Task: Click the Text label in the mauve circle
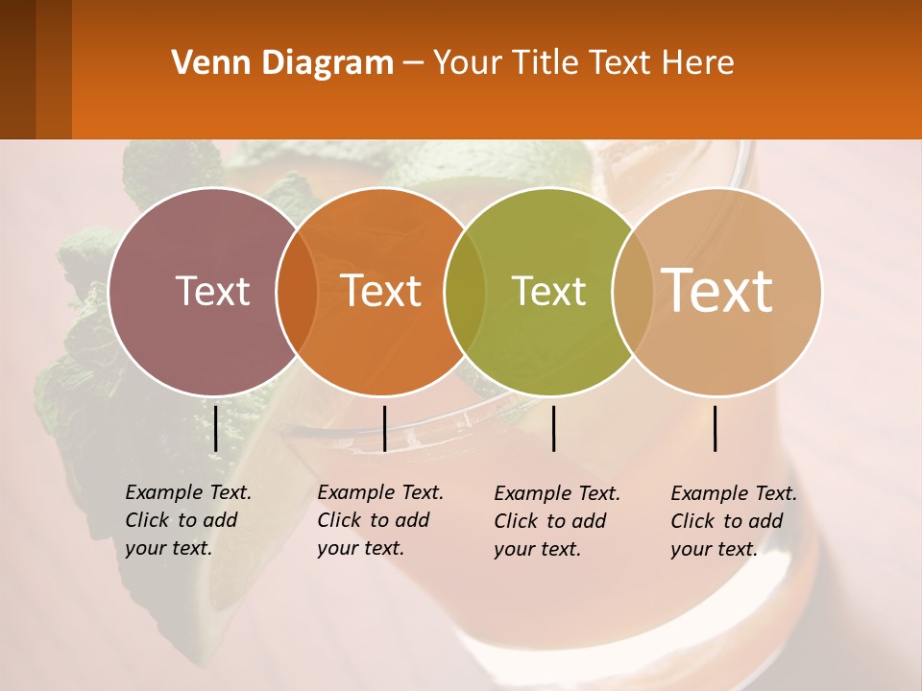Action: click(x=212, y=291)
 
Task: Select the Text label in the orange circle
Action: click(x=381, y=291)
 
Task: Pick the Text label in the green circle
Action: click(x=548, y=291)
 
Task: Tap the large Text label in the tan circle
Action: click(x=717, y=290)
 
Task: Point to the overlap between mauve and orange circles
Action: click(x=297, y=292)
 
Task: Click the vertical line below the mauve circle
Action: click(x=216, y=428)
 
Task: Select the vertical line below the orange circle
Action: click(x=384, y=428)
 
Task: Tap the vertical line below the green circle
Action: click(x=554, y=428)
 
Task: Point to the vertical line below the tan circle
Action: click(x=716, y=428)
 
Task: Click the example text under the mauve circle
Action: click(x=187, y=520)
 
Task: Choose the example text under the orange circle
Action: click(x=379, y=520)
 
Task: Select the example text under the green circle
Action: click(x=556, y=521)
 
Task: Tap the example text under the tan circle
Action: click(x=733, y=521)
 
